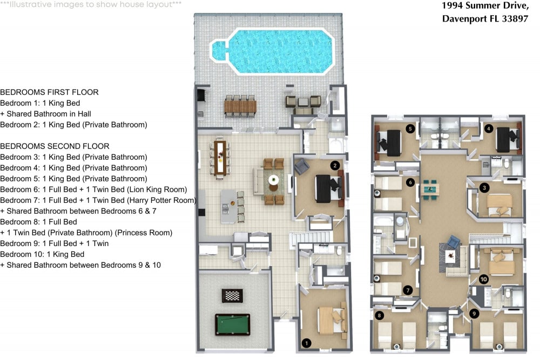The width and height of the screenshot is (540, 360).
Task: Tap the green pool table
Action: [233, 325]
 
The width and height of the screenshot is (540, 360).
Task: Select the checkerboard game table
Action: [232, 295]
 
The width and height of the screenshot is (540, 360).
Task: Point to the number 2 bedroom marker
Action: [335, 165]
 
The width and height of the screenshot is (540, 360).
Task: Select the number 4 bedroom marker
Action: [488, 128]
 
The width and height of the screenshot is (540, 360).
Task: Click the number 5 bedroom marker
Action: [411, 128]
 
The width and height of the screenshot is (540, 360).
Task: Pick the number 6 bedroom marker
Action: [411, 182]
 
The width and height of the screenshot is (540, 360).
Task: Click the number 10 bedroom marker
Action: [483, 279]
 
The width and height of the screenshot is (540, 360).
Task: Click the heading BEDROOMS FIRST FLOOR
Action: [49, 92]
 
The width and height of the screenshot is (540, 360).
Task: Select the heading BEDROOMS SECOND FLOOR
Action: [55, 146]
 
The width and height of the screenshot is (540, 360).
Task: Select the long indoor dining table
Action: [220, 158]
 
